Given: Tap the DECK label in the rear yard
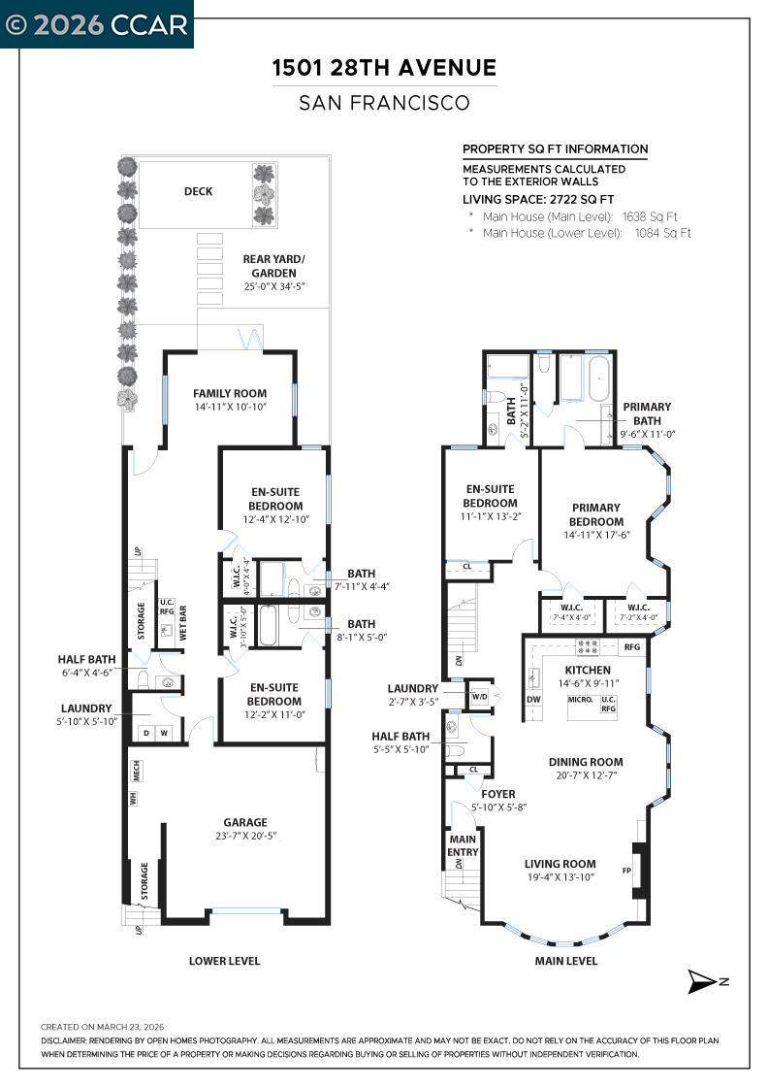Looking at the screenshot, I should (198, 192).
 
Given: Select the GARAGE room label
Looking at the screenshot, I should (245, 822).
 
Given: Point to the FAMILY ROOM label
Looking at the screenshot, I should (229, 394).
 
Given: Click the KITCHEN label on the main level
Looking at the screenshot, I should (588, 671).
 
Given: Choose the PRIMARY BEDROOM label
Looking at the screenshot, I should (597, 514).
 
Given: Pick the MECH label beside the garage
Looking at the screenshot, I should (137, 770).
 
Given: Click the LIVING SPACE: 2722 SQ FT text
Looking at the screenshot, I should (538, 199).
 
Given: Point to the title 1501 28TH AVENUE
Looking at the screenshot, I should (385, 68).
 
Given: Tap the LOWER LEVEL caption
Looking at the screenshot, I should (224, 961).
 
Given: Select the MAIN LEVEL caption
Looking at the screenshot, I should (566, 961).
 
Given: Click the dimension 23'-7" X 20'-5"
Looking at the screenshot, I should (245, 836).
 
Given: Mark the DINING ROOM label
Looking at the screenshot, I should (586, 762).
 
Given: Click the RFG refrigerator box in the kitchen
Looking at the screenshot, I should (632, 647).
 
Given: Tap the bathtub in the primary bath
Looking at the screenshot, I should (598, 378).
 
